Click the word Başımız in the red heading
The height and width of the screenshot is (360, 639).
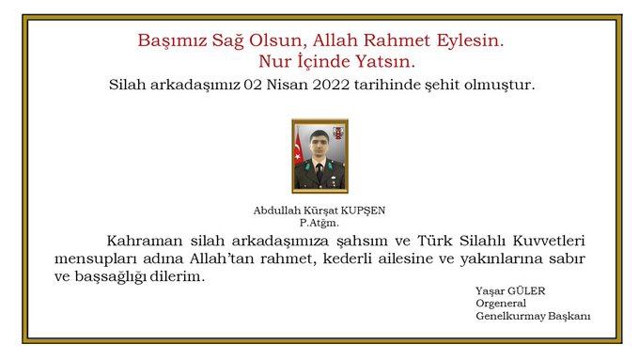coord(172,41)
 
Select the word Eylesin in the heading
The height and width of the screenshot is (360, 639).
coord(470,41)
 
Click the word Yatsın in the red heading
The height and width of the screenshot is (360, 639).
coord(385,61)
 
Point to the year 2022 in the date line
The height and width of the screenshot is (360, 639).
coord(332,85)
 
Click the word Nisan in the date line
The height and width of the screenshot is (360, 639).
coord(288,85)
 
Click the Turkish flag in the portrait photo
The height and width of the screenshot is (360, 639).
coord(299,148)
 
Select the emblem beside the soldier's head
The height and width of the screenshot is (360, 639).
coord(338,133)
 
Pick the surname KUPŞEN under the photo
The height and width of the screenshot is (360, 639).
coord(363,211)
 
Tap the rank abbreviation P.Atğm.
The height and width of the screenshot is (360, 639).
coord(319,223)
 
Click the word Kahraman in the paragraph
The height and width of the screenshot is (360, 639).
coord(145,241)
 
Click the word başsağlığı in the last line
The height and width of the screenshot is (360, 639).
coord(110,277)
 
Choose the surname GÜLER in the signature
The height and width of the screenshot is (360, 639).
coord(526,291)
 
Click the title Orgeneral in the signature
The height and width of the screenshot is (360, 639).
coord(501,304)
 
